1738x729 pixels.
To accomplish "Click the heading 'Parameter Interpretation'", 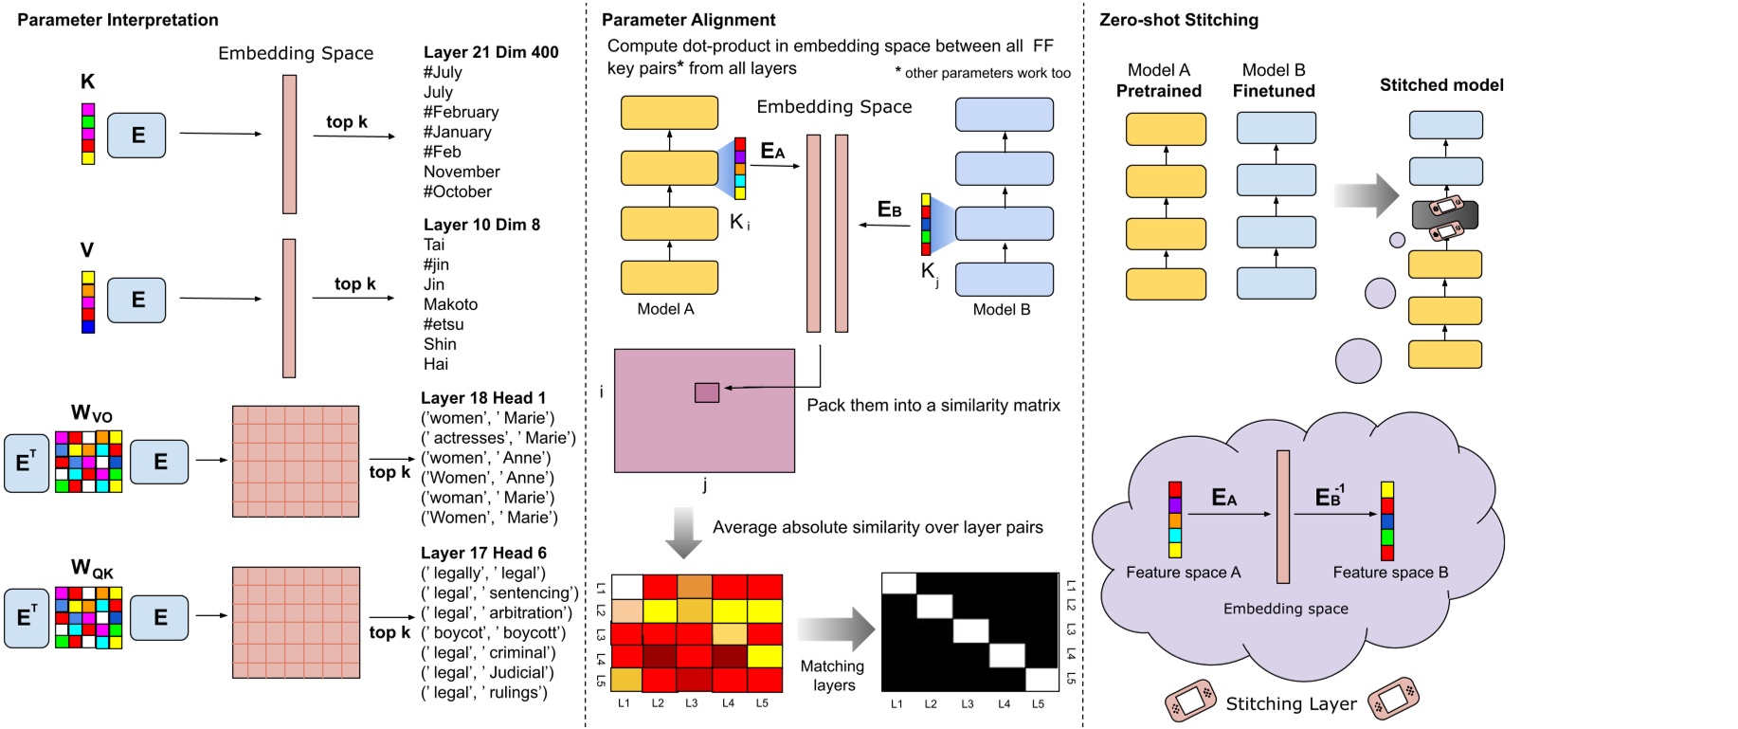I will click(118, 20).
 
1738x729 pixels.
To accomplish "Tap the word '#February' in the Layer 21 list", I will click(461, 112).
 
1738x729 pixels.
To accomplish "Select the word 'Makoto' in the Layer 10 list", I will click(450, 304).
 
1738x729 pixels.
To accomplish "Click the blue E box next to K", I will click(136, 135).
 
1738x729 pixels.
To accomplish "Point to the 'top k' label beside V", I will click(354, 283).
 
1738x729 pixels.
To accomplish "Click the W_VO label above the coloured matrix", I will click(91, 413).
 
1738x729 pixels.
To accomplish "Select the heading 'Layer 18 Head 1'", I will click(482, 398).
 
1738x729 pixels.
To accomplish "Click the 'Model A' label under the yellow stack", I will click(665, 309).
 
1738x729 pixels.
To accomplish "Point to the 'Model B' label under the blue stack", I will click(1001, 309).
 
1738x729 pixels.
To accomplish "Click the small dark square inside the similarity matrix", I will click(706, 392).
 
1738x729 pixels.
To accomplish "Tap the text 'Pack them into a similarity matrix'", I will click(932, 406).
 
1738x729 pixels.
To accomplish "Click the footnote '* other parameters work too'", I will click(982, 73).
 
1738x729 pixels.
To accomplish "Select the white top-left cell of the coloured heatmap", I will click(626, 586).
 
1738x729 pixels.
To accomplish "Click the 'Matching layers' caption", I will click(833, 676).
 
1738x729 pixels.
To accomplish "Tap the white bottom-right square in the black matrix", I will click(1041, 679).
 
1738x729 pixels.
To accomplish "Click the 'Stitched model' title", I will click(1440, 85).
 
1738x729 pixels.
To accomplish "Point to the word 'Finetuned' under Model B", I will click(1273, 91).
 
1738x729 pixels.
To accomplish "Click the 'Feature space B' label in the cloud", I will click(1389, 573).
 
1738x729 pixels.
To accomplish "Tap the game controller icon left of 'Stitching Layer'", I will click(1190, 700).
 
